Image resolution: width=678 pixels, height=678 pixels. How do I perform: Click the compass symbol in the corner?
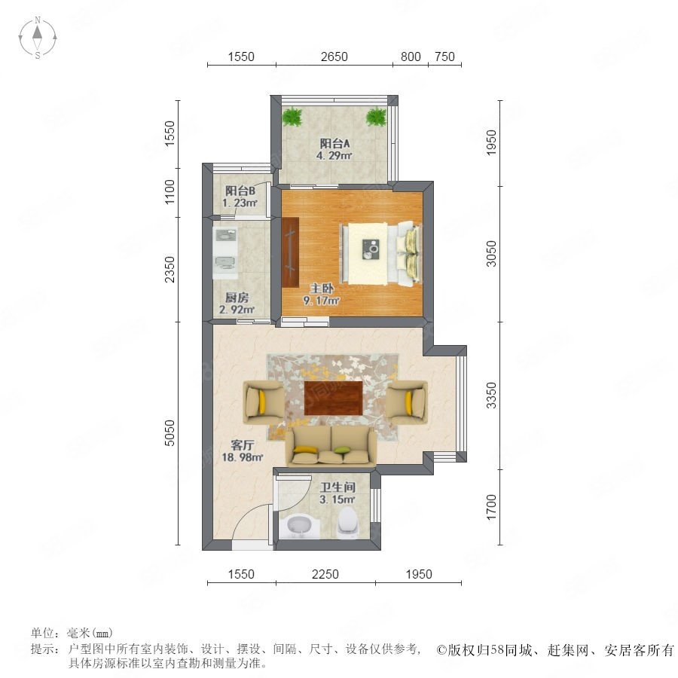(x=38, y=38)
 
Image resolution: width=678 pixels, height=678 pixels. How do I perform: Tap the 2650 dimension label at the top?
(x=334, y=56)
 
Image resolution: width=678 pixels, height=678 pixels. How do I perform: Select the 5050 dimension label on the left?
(x=169, y=432)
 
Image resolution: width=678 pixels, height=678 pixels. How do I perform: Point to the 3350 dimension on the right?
(x=492, y=395)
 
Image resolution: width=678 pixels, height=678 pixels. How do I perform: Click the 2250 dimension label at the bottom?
(x=325, y=574)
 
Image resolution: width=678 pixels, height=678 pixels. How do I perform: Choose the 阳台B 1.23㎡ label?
(x=240, y=197)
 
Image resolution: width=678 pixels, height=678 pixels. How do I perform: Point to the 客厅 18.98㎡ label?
(x=242, y=451)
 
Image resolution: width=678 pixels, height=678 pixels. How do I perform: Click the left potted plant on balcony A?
(x=293, y=117)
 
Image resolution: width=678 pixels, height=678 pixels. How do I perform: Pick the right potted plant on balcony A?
(x=376, y=117)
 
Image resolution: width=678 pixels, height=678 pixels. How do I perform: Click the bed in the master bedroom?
(x=381, y=254)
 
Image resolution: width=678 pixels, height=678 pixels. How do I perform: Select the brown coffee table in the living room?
(x=334, y=397)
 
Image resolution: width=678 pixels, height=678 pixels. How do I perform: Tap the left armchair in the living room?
(x=264, y=402)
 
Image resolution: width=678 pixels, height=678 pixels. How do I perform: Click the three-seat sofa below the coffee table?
(x=331, y=446)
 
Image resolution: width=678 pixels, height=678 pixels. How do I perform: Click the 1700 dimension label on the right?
(x=492, y=507)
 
